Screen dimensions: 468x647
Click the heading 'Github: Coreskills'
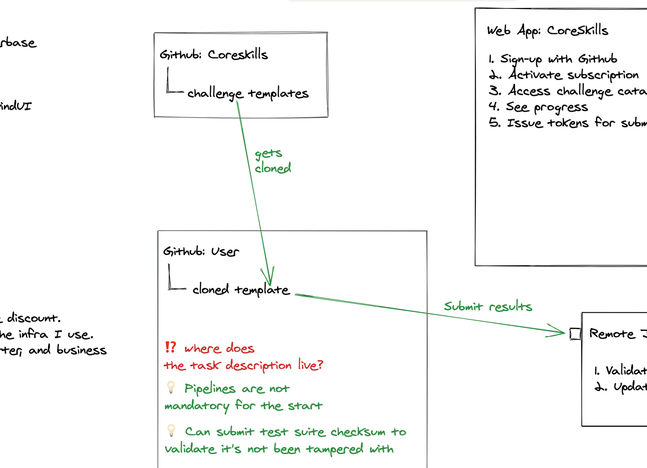(x=214, y=55)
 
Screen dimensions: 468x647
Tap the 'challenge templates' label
(x=248, y=94)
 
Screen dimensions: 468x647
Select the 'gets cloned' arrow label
(x=273, y=161)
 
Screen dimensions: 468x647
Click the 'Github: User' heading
(x=201, y=251)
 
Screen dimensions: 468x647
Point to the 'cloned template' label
(x=241, y=290)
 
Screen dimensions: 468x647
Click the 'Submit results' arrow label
(x=488, y=306)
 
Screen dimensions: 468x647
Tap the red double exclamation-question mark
(x=171, y=347)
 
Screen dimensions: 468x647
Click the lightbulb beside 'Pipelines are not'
(x=171, y=387)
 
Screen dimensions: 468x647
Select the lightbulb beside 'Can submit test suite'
(x=171, y=430)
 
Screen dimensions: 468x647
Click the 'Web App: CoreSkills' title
(x=547, y=31)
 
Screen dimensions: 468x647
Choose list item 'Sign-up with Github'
(x=558, y=59)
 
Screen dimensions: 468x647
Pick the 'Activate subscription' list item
(x=573, y=75)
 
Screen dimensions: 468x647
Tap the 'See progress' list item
(x=547, y=107)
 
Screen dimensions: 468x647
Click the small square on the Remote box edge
(x=575, y=334)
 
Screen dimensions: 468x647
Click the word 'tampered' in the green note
(x=334, y=449)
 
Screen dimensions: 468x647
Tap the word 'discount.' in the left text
(x=34, y=318)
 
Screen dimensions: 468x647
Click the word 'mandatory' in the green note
(x=197, y=406)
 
